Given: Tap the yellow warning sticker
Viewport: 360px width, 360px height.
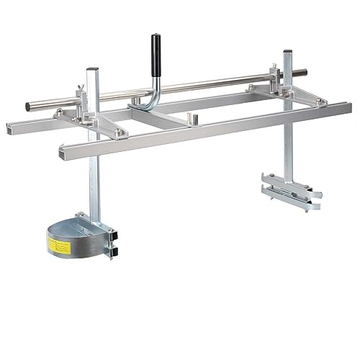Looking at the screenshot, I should point(59,246).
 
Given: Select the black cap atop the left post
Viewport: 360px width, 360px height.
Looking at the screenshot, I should point(91,70).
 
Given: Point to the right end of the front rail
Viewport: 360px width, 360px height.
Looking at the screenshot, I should point(348,107).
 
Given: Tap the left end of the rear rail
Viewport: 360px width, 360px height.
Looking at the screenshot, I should point(9,130).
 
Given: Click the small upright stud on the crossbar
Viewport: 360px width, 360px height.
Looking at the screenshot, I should point(191,117).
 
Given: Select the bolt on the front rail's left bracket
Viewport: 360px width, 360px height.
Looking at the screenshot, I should point(118,134).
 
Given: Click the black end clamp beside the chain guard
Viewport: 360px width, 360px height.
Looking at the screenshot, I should point(110,241).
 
